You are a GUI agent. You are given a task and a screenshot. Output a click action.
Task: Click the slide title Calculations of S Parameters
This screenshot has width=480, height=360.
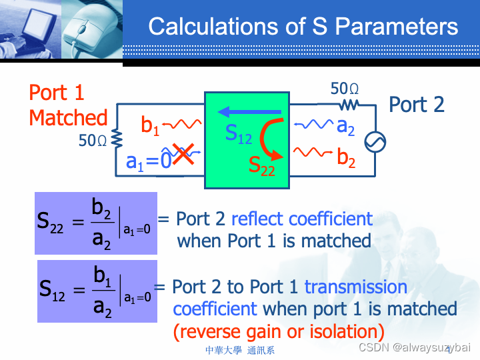point(303,27)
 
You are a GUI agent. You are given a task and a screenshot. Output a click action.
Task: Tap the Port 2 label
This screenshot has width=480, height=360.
point(416,105)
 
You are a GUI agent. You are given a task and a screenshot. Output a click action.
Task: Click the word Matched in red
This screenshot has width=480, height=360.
point(68,118)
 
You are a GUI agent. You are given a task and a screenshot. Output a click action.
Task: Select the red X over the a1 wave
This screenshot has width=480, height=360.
point(183,153)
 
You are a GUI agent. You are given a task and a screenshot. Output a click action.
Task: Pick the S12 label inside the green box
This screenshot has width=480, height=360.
point(238,134)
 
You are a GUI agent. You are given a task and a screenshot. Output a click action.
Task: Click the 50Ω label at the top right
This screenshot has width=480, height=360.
point(345,89)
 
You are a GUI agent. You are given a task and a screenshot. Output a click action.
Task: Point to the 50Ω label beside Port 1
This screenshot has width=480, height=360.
point(93,141)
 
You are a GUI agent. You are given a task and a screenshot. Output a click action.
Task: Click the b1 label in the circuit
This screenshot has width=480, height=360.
point(151,125)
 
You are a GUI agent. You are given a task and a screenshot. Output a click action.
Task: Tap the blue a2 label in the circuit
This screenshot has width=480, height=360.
point(346,125)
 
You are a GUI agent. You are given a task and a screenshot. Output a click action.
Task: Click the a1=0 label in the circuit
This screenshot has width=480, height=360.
point(148,161)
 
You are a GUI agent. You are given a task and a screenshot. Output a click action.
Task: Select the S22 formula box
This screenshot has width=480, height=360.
point(95,223)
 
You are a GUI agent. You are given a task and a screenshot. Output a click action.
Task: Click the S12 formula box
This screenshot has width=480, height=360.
point(95,291)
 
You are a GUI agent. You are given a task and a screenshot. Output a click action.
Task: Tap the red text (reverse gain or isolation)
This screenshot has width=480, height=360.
point(279,331)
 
